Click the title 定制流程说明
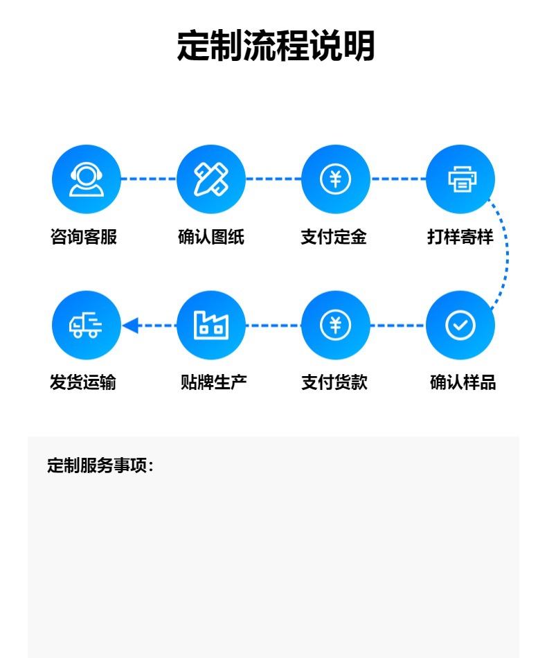pos(276,46)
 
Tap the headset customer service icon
pos(87,179)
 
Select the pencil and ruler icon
pos(211,179)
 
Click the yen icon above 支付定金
pos(336,179)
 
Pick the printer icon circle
pos(460,179)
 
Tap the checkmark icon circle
pos(460,325)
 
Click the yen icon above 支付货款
pos(336,325)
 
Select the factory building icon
pos(211,325)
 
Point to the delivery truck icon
pos(87,325)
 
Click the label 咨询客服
pos(84,237)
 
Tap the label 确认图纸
pos(211,237)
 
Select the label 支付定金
pos(334,237)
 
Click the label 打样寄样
pos(460,237)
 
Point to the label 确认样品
pos(463,382)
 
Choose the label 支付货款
pos(334,382)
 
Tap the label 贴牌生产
pos(213,382)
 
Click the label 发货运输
pos(83,382)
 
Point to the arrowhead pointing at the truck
pos(130,325)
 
